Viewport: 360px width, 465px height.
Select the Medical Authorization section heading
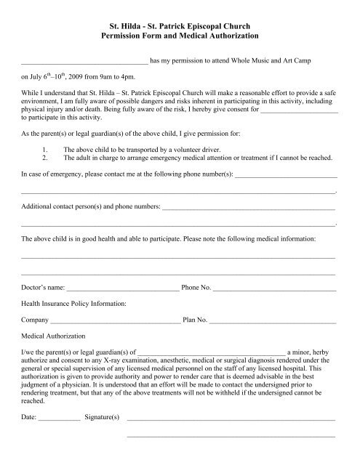click(x=53, y=336)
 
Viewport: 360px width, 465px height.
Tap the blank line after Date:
click(x=59, y=420)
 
